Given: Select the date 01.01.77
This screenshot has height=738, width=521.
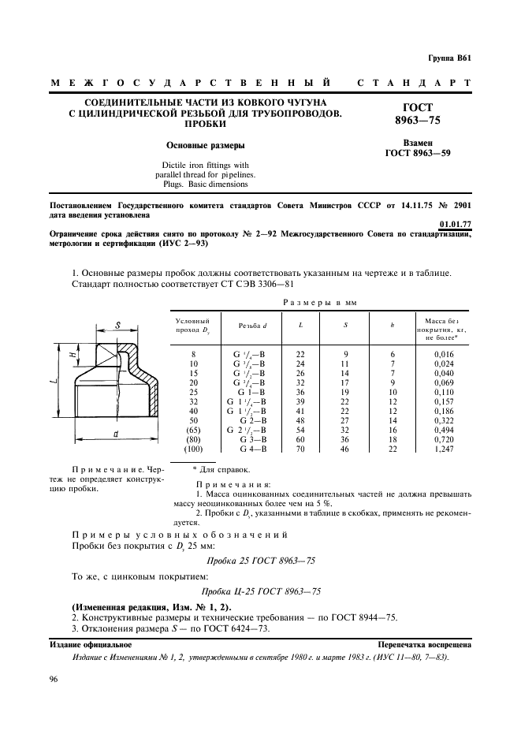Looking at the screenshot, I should tap(455, 223).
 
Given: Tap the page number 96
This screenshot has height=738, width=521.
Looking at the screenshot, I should tap(54, 680).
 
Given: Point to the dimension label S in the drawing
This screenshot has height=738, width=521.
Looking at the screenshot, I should tap(116, 324).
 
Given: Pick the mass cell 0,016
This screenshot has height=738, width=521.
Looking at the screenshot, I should tap(444, 354).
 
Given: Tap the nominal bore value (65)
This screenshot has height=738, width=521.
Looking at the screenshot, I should tap(193, 429).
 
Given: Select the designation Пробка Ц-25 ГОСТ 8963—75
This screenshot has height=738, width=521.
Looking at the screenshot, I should tap(260, 591).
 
